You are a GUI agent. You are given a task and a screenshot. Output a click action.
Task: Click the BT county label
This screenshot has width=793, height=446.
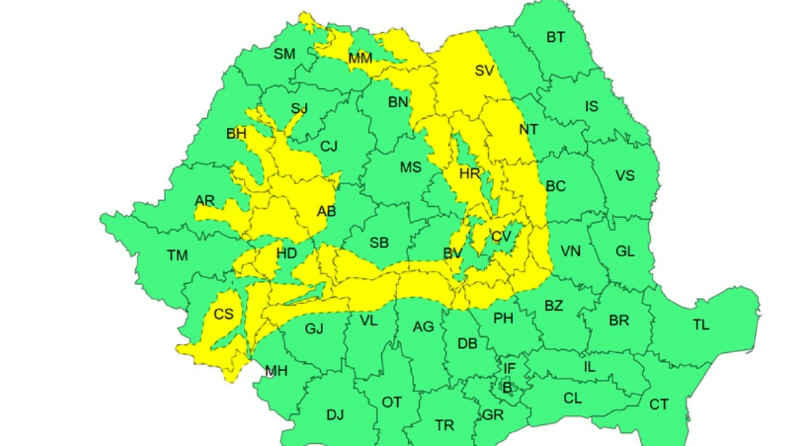point(555,38)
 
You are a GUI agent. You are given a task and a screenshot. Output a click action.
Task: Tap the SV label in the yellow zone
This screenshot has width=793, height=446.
point(484,71)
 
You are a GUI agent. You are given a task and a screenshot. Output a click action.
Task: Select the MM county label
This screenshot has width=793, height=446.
point(360,58)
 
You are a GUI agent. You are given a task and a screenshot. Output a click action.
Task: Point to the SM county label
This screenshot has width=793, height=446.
point(285,54)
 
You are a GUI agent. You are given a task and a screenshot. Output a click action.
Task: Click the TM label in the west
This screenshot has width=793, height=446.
point(178,255)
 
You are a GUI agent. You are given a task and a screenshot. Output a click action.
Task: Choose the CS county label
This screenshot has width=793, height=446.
point(223,314)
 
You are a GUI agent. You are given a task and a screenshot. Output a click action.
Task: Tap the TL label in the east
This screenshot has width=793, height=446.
point(701,325)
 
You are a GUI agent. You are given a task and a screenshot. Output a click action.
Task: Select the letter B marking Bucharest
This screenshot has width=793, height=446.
point(507,388)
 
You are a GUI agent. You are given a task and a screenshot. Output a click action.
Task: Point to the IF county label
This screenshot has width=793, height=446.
point(510,368)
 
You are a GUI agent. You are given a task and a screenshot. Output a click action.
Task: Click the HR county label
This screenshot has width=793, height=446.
point(470,173)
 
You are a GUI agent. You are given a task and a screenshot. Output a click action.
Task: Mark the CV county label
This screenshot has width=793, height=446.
point(501,237)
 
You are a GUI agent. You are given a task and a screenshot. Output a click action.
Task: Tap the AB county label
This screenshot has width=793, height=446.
point(326,211)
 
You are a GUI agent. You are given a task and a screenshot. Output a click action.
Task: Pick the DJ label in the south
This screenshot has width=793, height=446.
point(335,415)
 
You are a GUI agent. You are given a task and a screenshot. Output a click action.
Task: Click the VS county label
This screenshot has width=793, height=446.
point(625,176)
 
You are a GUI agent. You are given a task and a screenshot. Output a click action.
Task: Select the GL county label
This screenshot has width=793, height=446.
point(625,251)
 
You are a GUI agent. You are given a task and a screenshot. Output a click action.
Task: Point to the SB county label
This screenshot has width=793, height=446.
point(379,243)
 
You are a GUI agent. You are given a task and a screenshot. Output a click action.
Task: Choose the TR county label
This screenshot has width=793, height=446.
point(444,425)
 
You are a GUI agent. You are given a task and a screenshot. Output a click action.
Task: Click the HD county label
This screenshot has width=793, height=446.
point(287,253)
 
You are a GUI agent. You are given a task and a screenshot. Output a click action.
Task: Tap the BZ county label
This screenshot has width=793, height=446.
point(553,306)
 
